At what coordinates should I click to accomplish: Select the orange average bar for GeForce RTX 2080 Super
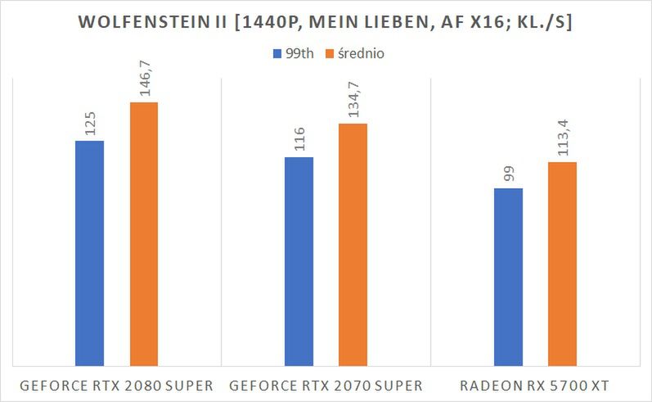(x=143, y=233)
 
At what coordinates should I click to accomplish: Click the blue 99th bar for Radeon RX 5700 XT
(x=508, y=276)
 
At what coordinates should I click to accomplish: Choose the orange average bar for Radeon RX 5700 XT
(x=562, y=263)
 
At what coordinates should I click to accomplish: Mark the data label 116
(x=299, y=140)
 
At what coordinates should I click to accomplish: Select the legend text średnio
(x=361, y=54)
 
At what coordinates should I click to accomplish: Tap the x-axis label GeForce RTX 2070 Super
(x=326, y=385)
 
